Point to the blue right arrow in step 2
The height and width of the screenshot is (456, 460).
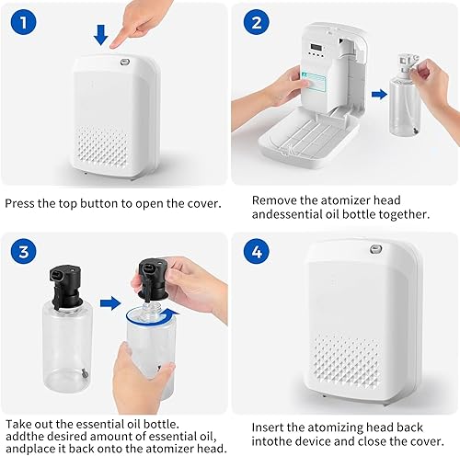tap(378, 93)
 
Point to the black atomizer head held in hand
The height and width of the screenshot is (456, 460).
tap(154, 276)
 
